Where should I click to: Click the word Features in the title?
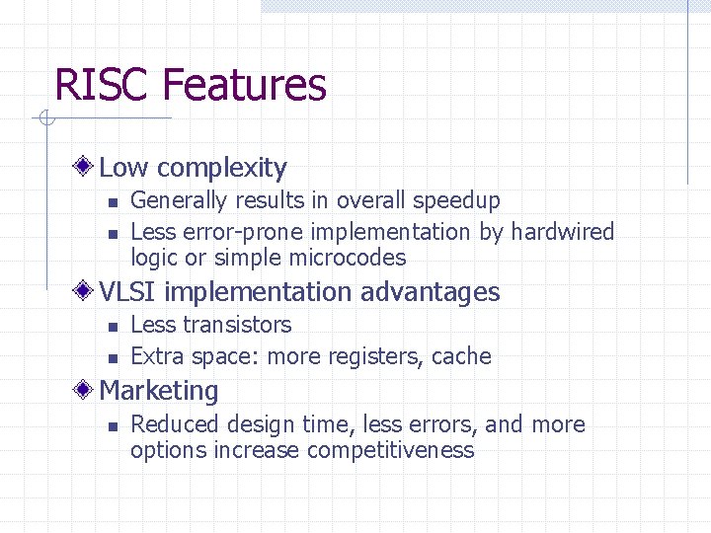click(244, 85)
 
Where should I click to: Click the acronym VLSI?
click(127, 292)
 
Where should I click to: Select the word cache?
click(463, 356)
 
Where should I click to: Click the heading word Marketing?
click(159, 391)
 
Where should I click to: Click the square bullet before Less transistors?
click(112, 326)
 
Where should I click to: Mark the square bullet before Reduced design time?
click(112, 425)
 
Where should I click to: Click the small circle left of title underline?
click(45, 119)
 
